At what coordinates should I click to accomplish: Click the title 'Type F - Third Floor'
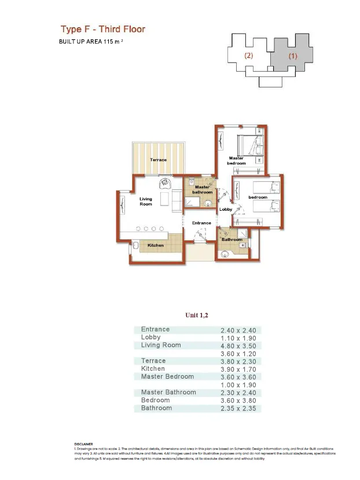pyautogui.click(x=103, y=29)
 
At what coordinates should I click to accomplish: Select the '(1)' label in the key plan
pyautogui.click(x=293, y=56)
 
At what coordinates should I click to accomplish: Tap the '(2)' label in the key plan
pyautogui.click(x=249, y=56)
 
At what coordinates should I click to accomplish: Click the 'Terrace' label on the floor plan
pyautogui.click(x=158, y=160)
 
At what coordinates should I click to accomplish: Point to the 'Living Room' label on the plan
pyautogui.click(x=146, y=201)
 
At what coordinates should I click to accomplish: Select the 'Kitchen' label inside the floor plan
pyautogui.click(x=156, y=245)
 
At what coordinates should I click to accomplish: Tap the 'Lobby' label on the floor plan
pyautogui.click(x=226, y=209)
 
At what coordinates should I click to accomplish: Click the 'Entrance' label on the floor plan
pyautogui.click(x=201, y=223)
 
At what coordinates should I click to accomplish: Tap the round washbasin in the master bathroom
pyautogui.click(x=207, y=203)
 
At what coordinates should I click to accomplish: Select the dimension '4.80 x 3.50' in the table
pyautogui.click(x=233, y=345)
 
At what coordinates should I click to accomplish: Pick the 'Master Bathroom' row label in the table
pyautogui.click(x=168, y=392)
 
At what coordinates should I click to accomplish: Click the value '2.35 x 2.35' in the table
pyautogui.click(x=233, y=408)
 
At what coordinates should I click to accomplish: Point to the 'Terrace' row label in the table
pyautogui.click(x=153, y=361)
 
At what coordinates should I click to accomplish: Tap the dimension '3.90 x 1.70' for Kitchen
pyautogui.click(x=233, y=369)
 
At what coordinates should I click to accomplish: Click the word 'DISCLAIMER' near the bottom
pyautogui.click(x=84, y=444)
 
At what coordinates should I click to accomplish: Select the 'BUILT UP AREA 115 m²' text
pyautogui.click(x=92, y=42)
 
